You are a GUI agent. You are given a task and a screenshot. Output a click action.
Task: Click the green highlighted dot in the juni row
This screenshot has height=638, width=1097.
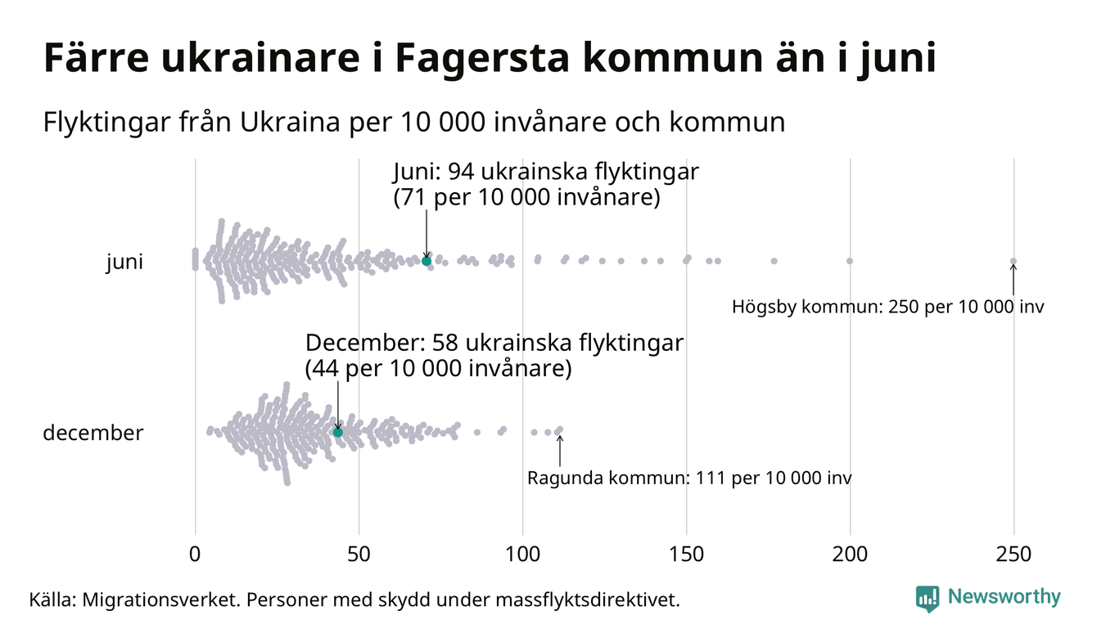426,261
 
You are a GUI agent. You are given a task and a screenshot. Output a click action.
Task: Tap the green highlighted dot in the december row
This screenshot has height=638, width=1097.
337,432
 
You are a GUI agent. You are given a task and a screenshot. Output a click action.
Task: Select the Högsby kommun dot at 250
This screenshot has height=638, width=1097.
1013,262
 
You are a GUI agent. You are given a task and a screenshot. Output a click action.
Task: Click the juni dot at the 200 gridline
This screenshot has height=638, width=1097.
850,261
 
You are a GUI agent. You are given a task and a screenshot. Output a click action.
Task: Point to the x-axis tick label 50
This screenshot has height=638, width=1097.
359,555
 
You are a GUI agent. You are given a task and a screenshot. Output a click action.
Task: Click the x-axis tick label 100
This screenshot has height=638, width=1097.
522,555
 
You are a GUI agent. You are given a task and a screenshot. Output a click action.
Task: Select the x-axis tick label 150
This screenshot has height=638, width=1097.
686,555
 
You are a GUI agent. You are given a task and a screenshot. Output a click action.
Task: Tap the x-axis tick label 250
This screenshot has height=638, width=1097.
1013,555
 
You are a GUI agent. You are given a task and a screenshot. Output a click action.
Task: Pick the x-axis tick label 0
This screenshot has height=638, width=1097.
195,555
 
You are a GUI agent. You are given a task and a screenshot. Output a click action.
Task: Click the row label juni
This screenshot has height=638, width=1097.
124,263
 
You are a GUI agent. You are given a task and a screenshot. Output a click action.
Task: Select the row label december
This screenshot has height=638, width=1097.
93,433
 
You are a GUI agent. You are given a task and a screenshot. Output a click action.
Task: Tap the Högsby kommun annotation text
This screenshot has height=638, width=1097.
888,308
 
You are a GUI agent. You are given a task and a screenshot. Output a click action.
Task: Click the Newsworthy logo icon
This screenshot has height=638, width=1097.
928,598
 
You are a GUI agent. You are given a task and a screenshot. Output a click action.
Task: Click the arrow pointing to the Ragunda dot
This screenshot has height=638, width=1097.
560,449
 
